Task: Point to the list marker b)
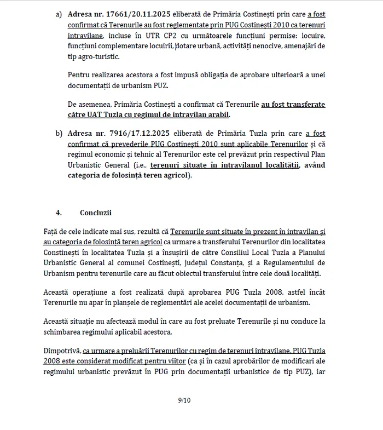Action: [x=59, y=133]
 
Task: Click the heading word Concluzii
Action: [x=96, y=213]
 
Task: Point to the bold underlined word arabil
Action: [x=218, y=115]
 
